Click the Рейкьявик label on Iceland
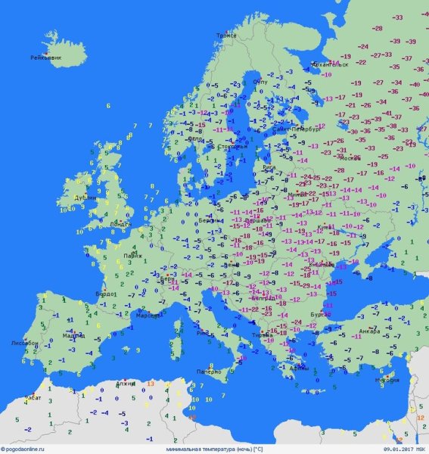(x=45, y=58)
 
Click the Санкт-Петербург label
(x=296, y=129)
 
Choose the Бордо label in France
(x=105, y=293)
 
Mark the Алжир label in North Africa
(x=126, y=384)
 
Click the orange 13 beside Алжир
(x=151, y=384)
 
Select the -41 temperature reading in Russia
(x=387, y=113)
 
